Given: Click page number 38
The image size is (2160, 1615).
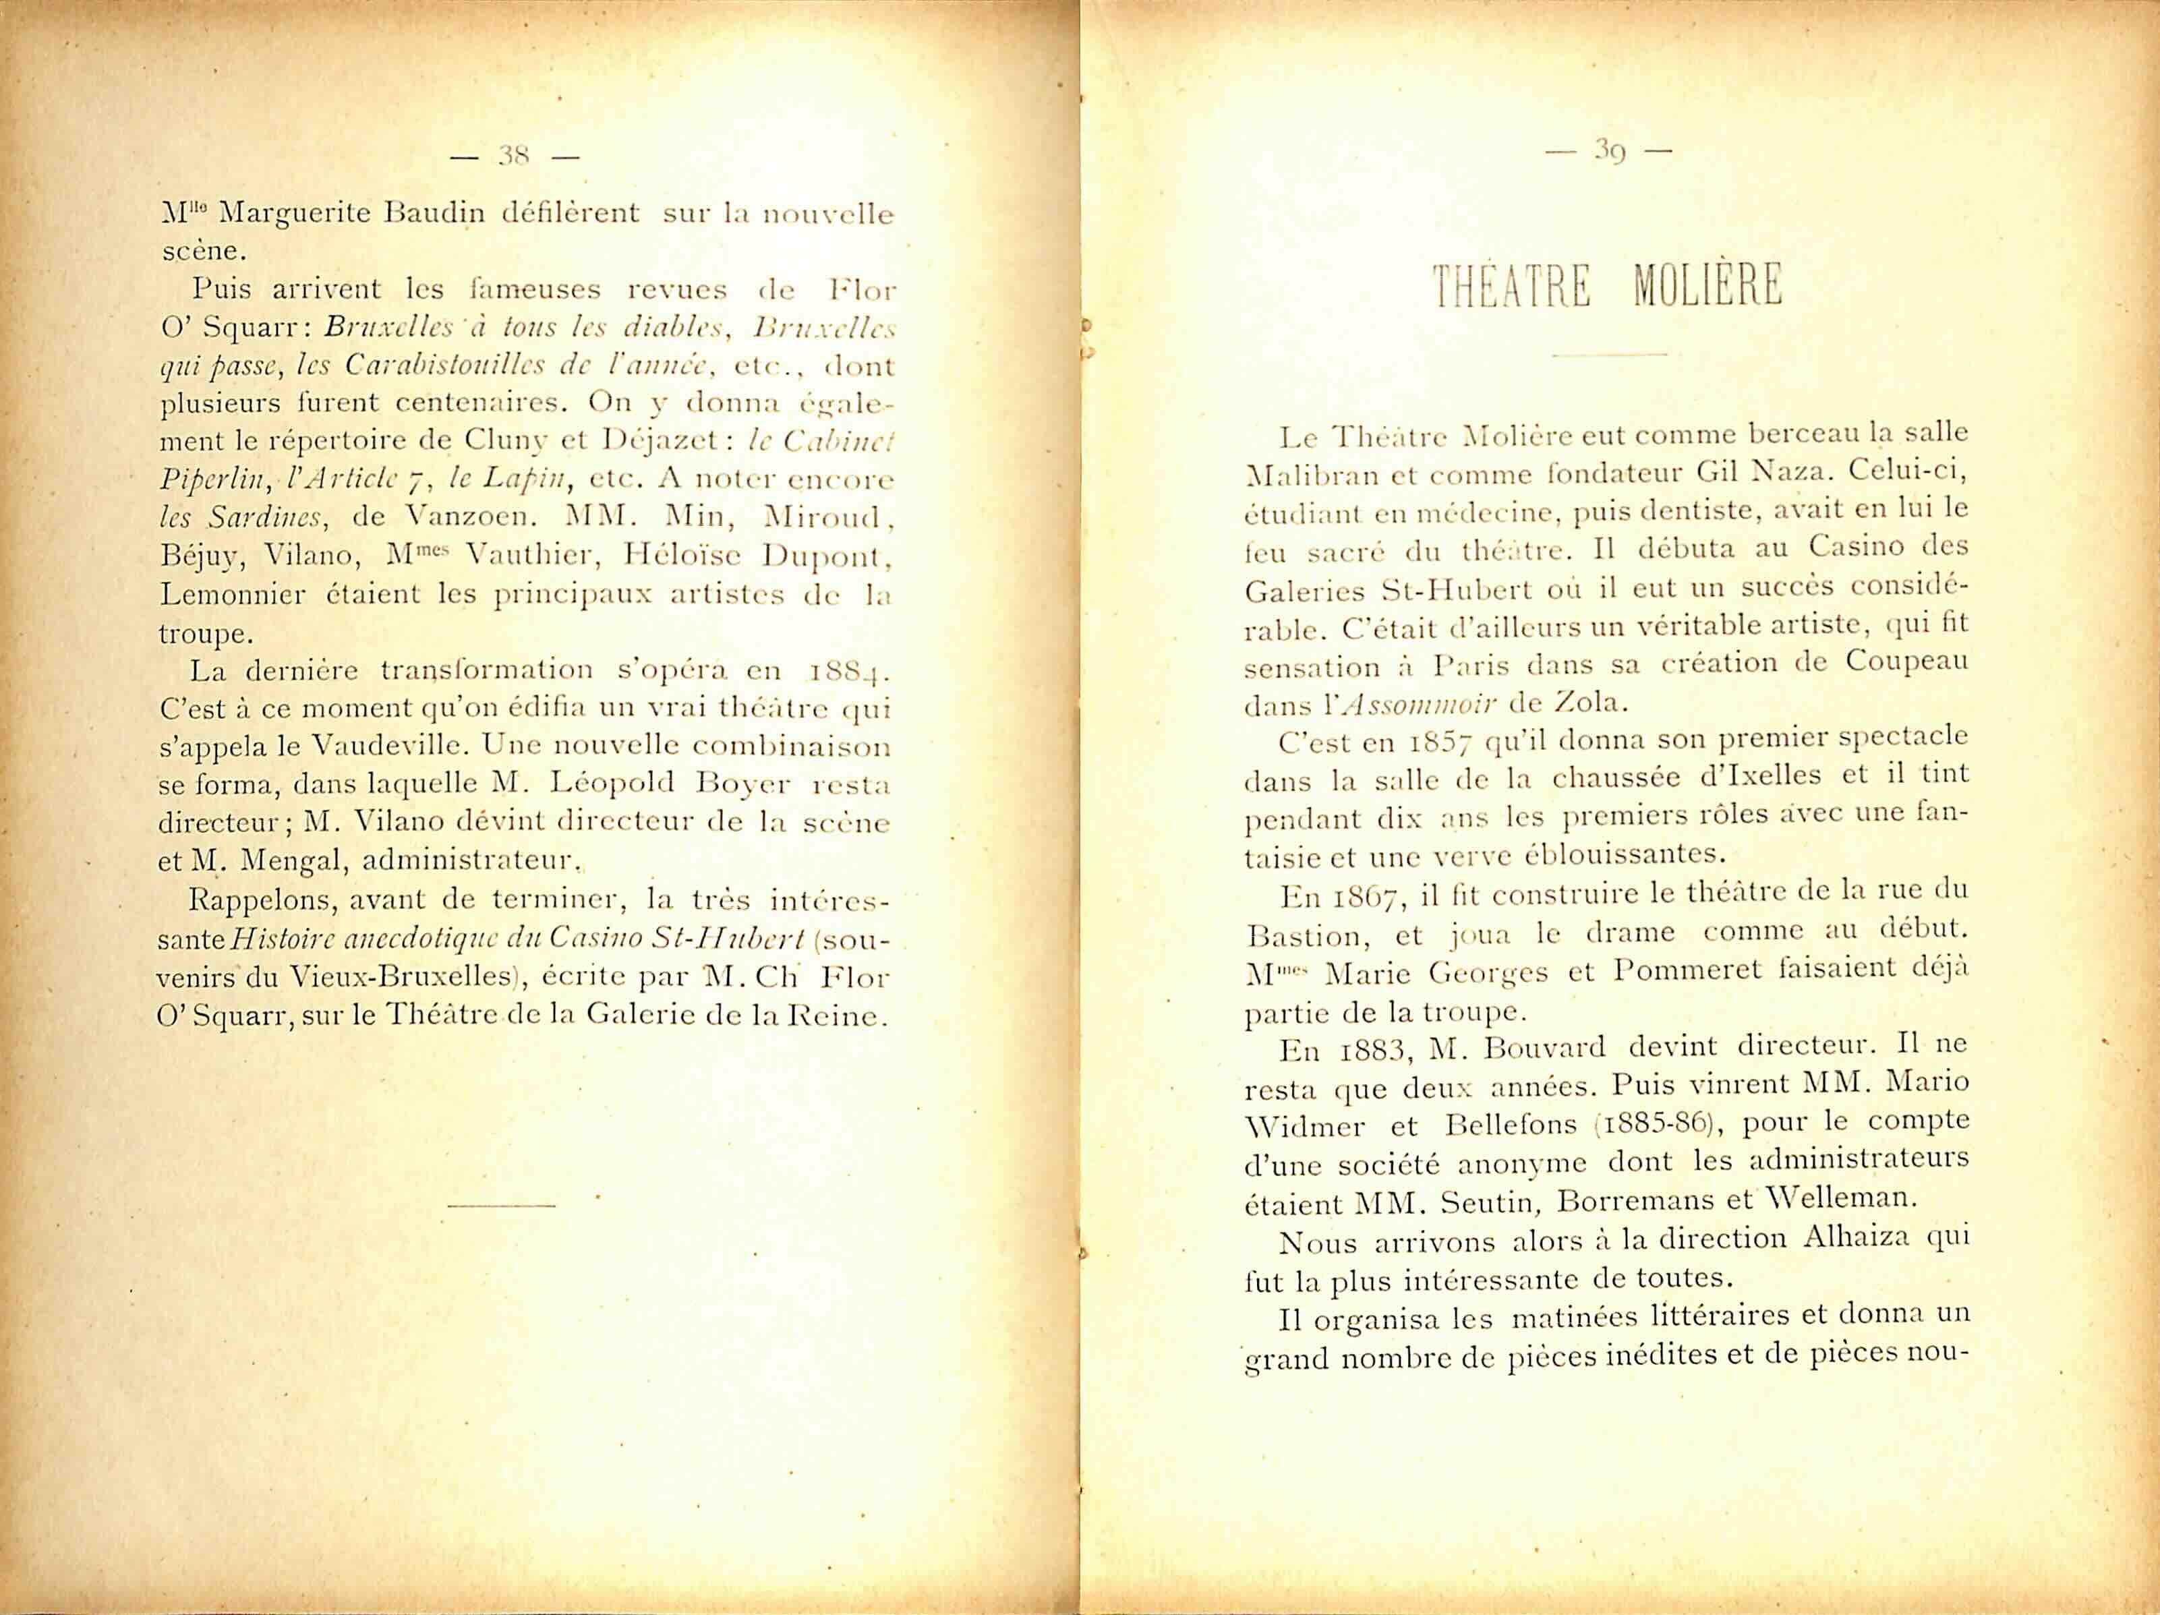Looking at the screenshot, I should [513, 154].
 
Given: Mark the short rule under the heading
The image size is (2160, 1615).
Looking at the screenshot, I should [1608, 353].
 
